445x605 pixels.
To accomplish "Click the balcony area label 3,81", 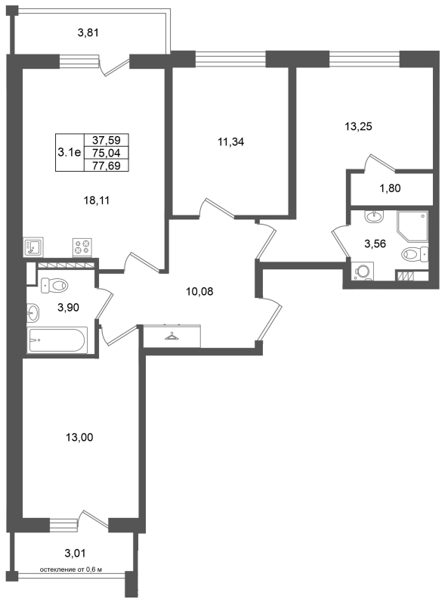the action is (x=88, y=33).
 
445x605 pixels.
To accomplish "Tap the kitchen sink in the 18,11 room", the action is (x=33, y=247).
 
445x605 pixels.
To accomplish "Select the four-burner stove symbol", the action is (x=82, y=247).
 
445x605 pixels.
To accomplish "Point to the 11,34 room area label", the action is (x=230, y=142).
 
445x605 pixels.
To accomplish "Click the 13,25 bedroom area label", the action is (x=358, y=126).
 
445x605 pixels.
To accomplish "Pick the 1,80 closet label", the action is (x=390, y=188).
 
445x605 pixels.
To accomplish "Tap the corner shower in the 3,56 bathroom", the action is (x=413, y=226).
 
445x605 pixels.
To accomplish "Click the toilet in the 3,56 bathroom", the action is (x=415, y=254).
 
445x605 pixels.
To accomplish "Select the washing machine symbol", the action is (x=363, y=271).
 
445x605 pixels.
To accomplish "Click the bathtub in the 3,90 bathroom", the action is (x=57, y=340).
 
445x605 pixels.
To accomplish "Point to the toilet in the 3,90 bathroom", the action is (x=54, y=286).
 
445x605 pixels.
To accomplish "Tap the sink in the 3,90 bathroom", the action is (x=33, y=312).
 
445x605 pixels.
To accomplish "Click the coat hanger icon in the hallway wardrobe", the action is (x=172, y=337).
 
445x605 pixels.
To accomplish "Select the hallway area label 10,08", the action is (x=199, y=292).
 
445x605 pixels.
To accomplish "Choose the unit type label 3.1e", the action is (x=70, y=153).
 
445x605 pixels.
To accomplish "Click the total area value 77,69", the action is (x=106, y=166).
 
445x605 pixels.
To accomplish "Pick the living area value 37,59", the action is (x=106, y=140).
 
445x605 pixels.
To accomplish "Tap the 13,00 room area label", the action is (x=79, y=437).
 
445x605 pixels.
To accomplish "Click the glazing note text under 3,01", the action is (x=71, y=569).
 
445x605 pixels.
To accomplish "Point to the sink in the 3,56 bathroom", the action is (x=374, y=216).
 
